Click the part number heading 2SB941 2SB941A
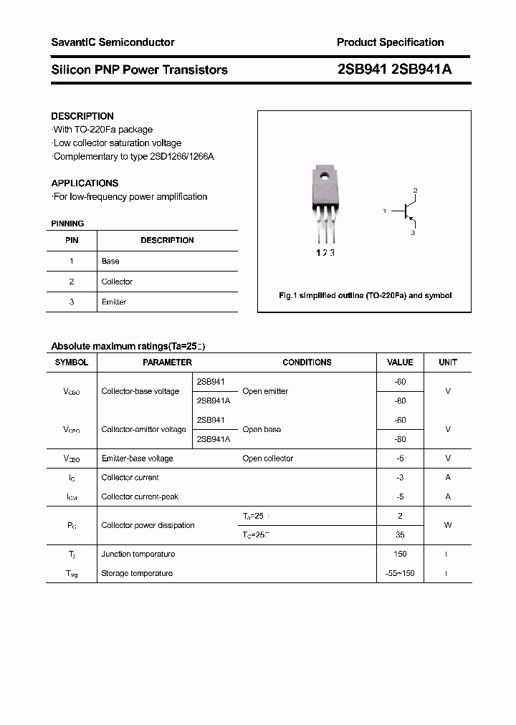[x=393, y=69]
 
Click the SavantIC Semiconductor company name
[x=113, y=42]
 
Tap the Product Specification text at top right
[x=390, y=42]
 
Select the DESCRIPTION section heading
[x=82, y=116]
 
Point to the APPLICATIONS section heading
[x=85, y=183]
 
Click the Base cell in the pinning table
[x=110, y=261]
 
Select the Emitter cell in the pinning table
[x=114, y=302]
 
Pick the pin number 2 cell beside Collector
[x=72, y=282]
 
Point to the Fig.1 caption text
[x=365, y=295]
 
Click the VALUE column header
[x=400, y=362]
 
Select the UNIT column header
[x=448, y=362]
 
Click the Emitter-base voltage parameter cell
[x=137, y=458]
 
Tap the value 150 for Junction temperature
[x=400, y=554]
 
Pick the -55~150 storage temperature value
[x=400, y=573]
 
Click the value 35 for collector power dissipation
[x=400, y=534]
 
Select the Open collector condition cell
[x=267, y=458]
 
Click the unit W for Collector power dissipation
[x=448, y=525]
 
